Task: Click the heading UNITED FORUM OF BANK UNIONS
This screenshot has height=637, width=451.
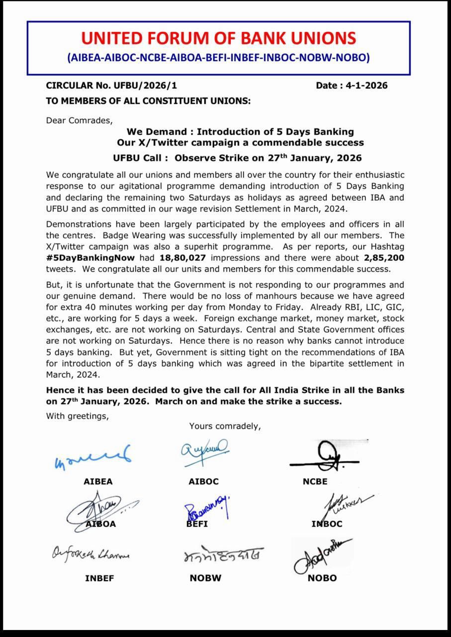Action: tap(218, 38)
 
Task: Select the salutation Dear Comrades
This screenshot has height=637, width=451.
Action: tap(80, 120)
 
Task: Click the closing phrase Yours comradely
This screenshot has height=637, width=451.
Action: tap(225, 426)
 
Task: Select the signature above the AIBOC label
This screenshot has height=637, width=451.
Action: tap(204, 452)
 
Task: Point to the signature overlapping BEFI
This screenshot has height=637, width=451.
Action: tap(206, 509)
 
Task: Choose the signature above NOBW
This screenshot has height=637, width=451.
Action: tap(222, 555)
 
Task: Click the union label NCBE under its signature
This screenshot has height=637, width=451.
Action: tap(315, 482)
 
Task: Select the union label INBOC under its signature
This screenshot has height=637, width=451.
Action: tap(327, 524)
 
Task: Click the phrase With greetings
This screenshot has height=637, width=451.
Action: tap(77, 416)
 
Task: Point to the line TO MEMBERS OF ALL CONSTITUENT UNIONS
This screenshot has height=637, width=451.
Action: tap(148, 101)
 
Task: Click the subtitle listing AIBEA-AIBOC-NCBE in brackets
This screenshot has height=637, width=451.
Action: tap(218, 58)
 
